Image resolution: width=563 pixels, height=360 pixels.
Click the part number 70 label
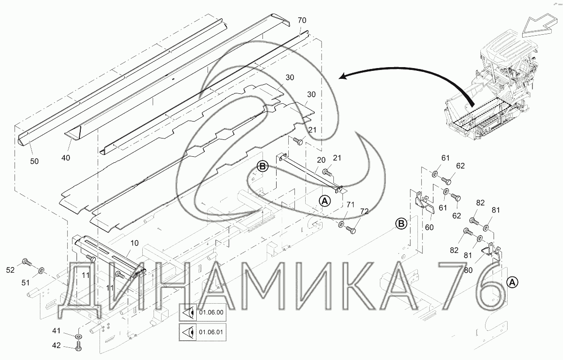click(x=302, y=21)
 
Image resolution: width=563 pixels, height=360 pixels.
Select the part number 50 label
click(x=34, y=161)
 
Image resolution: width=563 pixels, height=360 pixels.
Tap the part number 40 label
click(x=66, y=157)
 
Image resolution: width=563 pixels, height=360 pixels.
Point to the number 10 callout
click(x=134, y=243)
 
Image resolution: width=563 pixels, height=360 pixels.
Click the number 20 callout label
click(x=321, y=160)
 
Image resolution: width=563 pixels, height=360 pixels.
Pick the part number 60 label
click(x=430, y=227)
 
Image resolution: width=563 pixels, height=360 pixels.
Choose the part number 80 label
click(x=468, y=270)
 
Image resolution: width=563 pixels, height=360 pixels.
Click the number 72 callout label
click(x=364, y=211)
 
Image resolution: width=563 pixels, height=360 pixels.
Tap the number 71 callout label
click(x=350, y=205)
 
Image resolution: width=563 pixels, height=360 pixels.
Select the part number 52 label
click(x=10, y=269)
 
